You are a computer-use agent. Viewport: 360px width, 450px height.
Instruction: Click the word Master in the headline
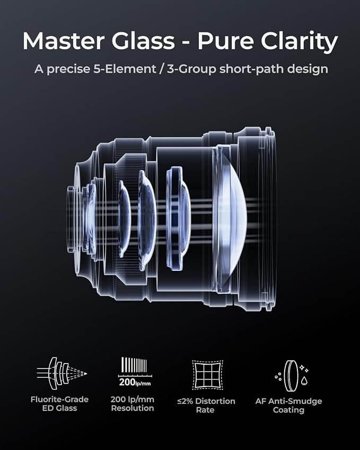click(63, 41)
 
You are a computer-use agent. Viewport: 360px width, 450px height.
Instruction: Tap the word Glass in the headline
click(143, 41)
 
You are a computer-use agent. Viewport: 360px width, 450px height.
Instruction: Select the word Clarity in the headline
click(299, 42)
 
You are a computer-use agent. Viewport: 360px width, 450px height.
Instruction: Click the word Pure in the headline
click(225, 41)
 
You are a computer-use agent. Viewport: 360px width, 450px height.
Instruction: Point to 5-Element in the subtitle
click(125, 69)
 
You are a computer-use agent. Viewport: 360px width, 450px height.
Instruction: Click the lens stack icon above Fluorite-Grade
click(62, 373)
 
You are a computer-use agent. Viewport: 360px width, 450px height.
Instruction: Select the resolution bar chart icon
click(135, 372)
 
